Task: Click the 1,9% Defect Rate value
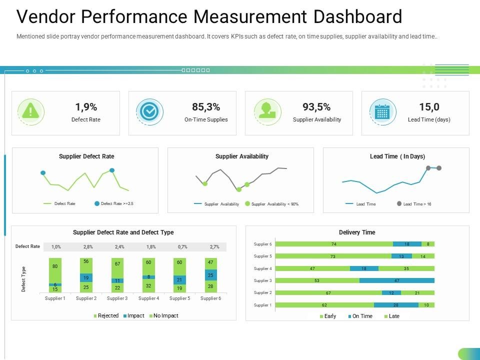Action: (86, 106)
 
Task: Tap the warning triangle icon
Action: (30, 111)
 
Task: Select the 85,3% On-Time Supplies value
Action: (206, 106)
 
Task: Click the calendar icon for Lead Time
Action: (382, 111)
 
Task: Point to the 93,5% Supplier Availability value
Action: (316, 106)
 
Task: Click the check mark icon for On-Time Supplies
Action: (149, 111)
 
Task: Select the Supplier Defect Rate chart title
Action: (86, 156)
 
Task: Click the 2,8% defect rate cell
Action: (88, 247)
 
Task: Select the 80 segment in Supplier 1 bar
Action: (55, 266)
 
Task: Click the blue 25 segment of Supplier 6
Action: (210, 275)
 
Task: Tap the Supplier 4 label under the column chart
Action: (148, 298)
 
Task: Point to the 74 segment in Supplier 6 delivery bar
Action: (333, 244)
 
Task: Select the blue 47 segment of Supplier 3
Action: (396, 280)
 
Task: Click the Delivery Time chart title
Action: (357, 232)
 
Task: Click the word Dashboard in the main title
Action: (357, 17)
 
